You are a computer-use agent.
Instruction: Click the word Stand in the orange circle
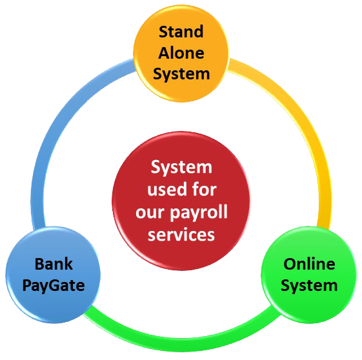tap(181, 32)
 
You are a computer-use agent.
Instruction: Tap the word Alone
tap(181, 53)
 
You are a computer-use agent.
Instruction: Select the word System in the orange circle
tap(181, 75)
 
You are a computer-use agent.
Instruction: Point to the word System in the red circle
tap(181, 167)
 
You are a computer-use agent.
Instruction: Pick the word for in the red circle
tap(205, 190)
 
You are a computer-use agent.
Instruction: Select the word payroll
tap(199, 212)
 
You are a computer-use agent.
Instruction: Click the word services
tap(181, 235)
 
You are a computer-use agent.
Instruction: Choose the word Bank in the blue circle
tap(54, 264)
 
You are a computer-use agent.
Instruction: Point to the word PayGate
tap(54, 286)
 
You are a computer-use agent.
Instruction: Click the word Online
tap(309, 264)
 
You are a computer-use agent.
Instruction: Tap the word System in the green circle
tap(309, 286)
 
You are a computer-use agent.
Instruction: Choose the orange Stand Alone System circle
tap(181, 54)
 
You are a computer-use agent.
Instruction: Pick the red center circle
tap(181, 201)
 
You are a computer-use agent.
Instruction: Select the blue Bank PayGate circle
tap(53, 275)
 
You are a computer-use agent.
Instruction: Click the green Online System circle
tap(309, 275)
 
